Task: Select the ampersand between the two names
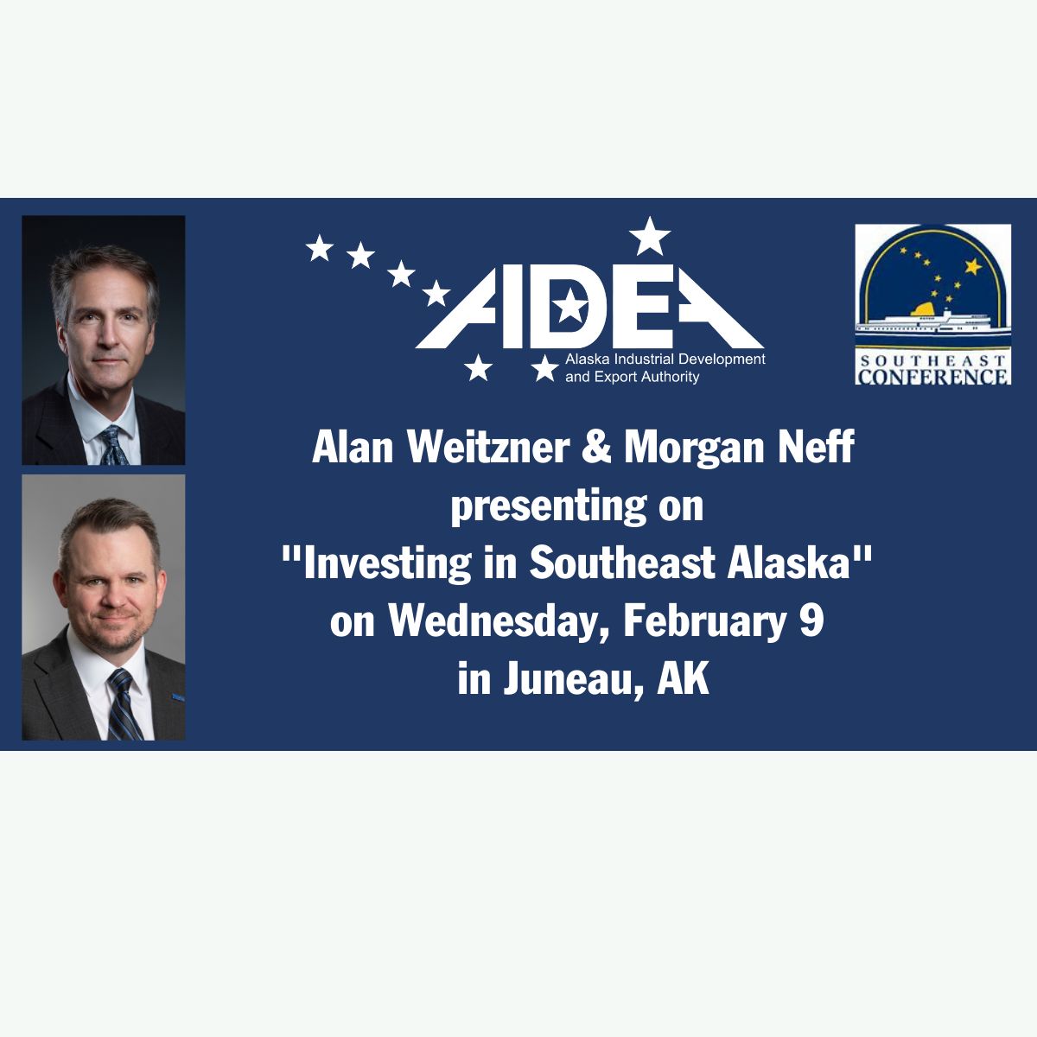pos(597,448)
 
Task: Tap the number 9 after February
pos(815,621)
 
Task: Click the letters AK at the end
pos(684,679)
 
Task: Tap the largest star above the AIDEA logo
pos(650,236)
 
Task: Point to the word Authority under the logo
pos(673,378)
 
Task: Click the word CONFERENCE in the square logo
pos(932,375)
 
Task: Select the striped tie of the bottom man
pos(124,705)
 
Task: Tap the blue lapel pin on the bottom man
pos(178,698)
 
